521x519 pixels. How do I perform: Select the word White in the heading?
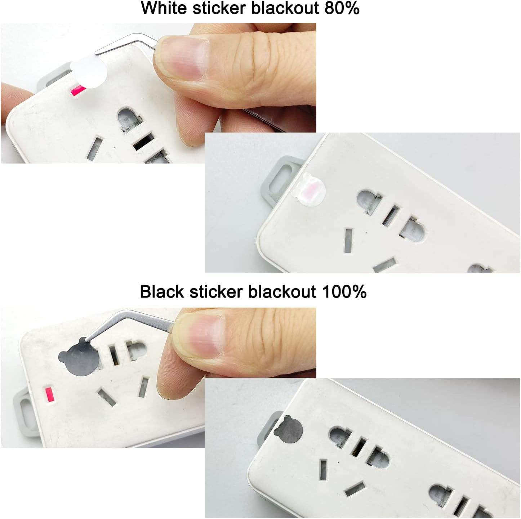(x=164, y=8)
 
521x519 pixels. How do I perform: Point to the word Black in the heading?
(x=162, y=291)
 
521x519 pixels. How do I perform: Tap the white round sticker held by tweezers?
(x=89, y=72)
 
